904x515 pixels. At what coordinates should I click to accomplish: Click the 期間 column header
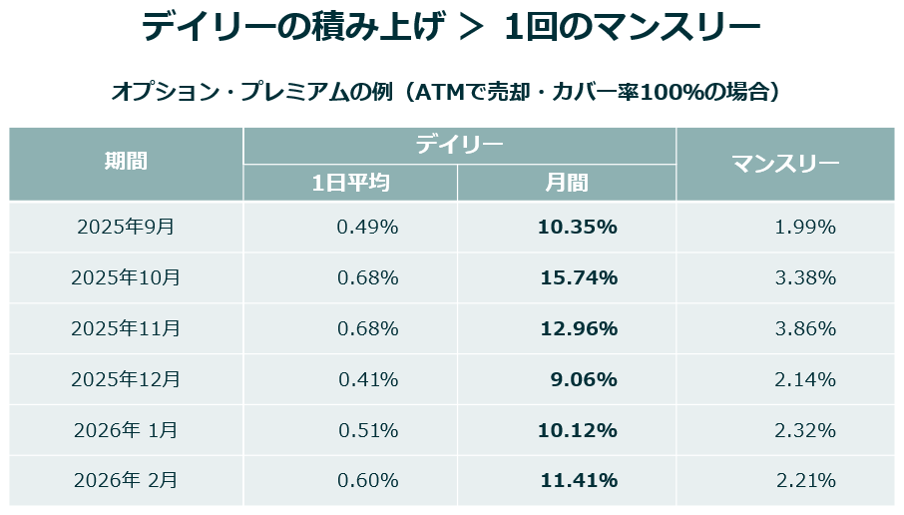click(x=126, y=161)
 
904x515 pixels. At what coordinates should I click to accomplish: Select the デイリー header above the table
click(x=459, y=144)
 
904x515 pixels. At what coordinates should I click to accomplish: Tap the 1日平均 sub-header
click(x=350, y=183)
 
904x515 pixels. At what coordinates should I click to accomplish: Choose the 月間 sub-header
click(x=566, y=183)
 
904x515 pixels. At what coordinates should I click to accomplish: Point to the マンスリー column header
click(x=785, y=164)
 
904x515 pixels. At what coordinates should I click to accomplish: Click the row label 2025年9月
click(x=126, y=227)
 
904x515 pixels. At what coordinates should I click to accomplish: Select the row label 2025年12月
click(x=126, y=379)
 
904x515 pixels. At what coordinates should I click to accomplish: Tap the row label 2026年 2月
click(x=126, y=480)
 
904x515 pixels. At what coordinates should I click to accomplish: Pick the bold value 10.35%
click(x=578, y=228)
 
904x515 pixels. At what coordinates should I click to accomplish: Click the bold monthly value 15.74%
click(x=579, y=278)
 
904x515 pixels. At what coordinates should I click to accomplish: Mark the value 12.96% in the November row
click(x=579, y=328)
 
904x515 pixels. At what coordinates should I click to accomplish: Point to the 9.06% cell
click(x=584, y=379)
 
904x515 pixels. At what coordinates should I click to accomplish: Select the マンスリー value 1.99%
click(x=805, y=228)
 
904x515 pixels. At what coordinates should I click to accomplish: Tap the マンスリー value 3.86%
click(x=805, y=328)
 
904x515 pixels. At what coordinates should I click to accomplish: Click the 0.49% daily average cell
click(x=367, y=228)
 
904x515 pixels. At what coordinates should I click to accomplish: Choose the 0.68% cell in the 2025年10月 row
click(x=368, y=278)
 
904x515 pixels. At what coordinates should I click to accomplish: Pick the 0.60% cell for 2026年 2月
click(x=368, y=480)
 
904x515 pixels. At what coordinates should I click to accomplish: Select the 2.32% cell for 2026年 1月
click(x=805, y=430)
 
